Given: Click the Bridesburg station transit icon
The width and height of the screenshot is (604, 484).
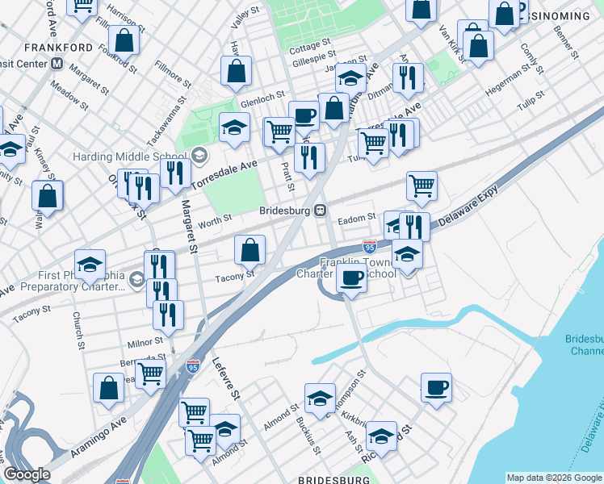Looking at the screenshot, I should pos(321,211).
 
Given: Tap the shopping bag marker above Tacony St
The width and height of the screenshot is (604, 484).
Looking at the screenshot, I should pos(250,250).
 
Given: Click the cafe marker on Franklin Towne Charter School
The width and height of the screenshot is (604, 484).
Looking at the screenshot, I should pos(351,279).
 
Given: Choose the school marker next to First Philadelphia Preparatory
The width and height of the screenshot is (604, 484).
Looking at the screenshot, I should pos(90,265).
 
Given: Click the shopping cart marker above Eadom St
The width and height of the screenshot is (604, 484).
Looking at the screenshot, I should pos(422,186).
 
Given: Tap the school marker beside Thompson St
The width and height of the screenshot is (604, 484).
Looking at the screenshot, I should pos(320,398).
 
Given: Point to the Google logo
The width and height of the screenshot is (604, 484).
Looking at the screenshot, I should pos(27,474).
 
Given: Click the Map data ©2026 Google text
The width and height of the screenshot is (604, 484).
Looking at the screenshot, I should pos(554,478).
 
